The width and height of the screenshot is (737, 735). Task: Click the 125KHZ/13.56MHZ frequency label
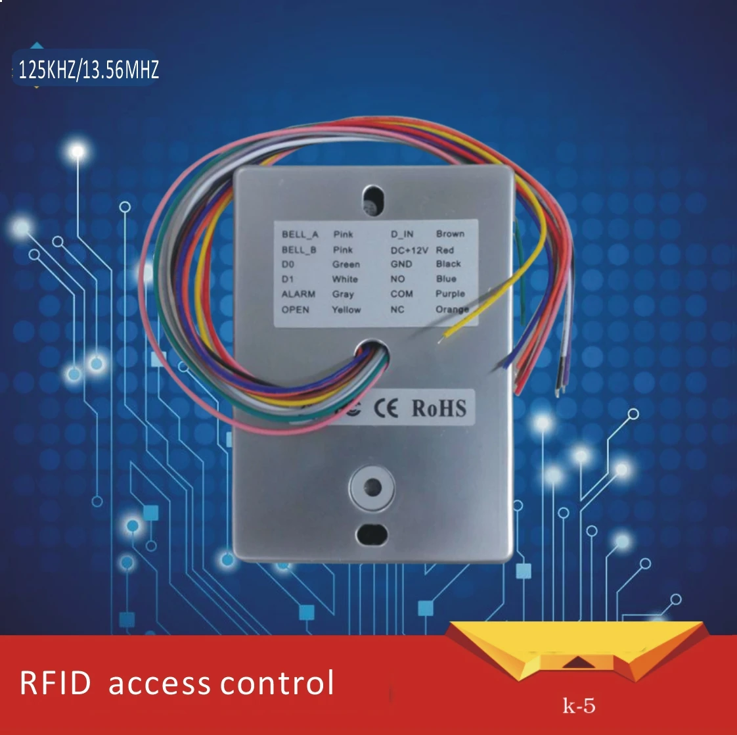click(89, 69)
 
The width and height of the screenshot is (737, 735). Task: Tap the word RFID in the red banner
click(55, 683)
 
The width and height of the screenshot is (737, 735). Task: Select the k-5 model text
click(579, 706)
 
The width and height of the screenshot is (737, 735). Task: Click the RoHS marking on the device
click(439, 408)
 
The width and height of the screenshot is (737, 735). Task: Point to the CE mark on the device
click(386, 409)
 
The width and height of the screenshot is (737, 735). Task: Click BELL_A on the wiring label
click(300, 234)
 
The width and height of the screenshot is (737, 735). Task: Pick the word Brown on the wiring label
click(450, 233)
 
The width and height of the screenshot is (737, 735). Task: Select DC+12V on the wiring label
click(409, 250)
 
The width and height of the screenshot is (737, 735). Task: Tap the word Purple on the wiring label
click(450, 293)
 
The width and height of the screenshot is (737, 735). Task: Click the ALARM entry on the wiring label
click(298, 294)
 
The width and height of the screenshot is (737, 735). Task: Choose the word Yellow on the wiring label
click(346, 309)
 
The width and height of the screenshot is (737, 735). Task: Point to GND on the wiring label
click(401, 264)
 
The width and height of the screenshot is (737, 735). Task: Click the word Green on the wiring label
click(346, 264)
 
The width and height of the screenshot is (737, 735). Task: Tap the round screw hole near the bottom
click(372, 487)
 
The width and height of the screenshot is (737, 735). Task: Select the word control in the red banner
click(277, 683)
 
